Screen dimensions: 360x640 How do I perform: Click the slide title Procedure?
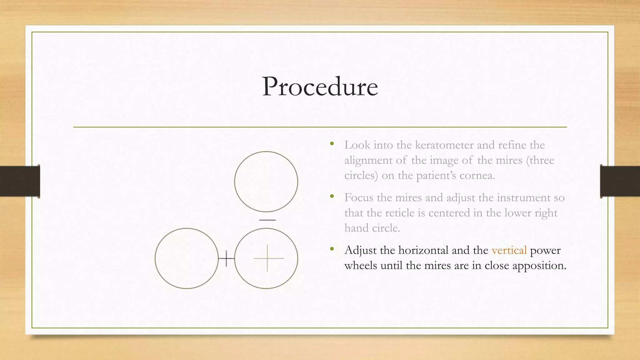click(320, 87)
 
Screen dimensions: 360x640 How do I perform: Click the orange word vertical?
click(509, 250)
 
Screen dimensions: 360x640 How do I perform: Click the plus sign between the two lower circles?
click(227, 258)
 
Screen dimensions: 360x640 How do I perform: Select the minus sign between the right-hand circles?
click(267, 220)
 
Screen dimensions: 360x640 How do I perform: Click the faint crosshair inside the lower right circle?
click(268, 258)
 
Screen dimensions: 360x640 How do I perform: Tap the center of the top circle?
click(266, 182)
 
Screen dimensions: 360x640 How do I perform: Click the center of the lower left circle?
click(187, 258)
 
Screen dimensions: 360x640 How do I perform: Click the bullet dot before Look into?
click(332, 144)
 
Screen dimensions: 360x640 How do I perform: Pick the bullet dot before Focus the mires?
click(332, 197)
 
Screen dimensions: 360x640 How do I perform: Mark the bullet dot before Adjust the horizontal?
click(332, 249)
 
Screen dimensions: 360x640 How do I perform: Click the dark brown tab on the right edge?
click(620, 181)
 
